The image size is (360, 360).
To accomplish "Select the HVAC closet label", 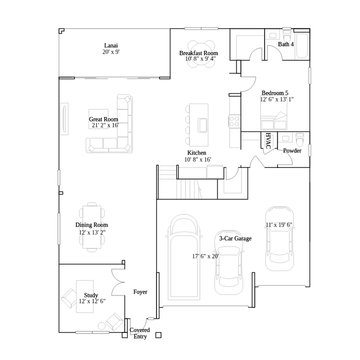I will [x=267, y=140].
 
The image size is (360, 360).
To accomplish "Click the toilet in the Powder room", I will [x=299, y=138].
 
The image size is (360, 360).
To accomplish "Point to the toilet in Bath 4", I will [x=287, y=36].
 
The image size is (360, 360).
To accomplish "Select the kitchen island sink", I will [x=203, y=124].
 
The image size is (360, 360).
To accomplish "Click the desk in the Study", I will [x=85, y=296].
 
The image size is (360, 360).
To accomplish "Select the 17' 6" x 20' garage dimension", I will [x=205, y=256].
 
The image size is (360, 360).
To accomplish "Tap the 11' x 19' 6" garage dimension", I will [x=278, y=225].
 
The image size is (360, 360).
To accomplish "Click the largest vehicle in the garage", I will [x=185, y=260].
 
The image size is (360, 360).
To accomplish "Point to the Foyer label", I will [x=140, y=291].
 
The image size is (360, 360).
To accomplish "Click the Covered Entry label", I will [x=139, y=333].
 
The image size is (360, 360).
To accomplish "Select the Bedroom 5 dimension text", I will [x=276, y=99].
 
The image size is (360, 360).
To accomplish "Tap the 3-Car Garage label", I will [x=235, y=239].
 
